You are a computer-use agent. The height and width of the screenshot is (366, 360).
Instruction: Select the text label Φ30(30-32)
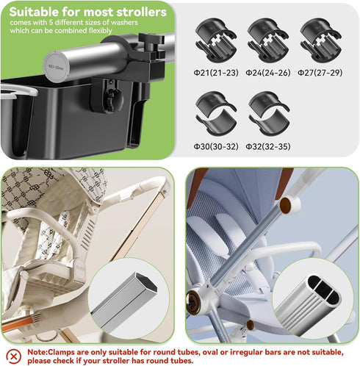point(215,146)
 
